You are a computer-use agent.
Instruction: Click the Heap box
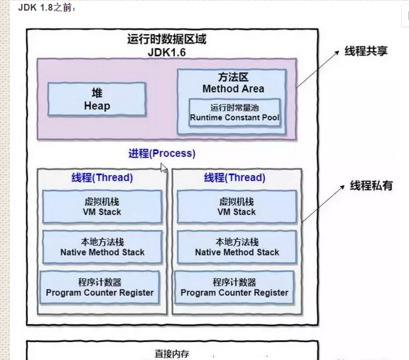[x=97, y=99]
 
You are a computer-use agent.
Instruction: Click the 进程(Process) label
[x=161, y=153]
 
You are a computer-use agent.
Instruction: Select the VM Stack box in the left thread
[x=102, y=207]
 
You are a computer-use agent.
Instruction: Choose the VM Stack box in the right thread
[x=236, y=207]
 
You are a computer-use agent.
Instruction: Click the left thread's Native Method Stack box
[x=102, y=247]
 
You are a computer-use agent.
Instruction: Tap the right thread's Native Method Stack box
[x=236, y=247]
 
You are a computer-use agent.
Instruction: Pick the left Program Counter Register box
[x=100, y=287]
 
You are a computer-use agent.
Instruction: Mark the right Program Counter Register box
[x=235, y=287]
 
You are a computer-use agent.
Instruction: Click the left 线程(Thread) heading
[x=102, y=178]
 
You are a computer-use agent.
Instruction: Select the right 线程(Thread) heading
[x=234, y=178]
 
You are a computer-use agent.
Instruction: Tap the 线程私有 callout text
[x=371, y=186]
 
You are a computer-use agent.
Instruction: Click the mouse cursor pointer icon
[x=164, y=168]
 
